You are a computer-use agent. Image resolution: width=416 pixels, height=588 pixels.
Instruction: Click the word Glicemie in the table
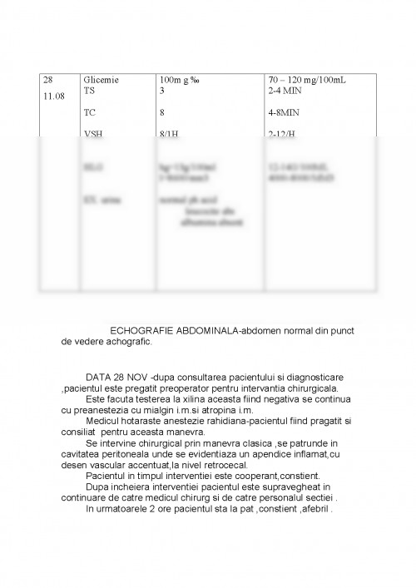coord(102,80)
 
